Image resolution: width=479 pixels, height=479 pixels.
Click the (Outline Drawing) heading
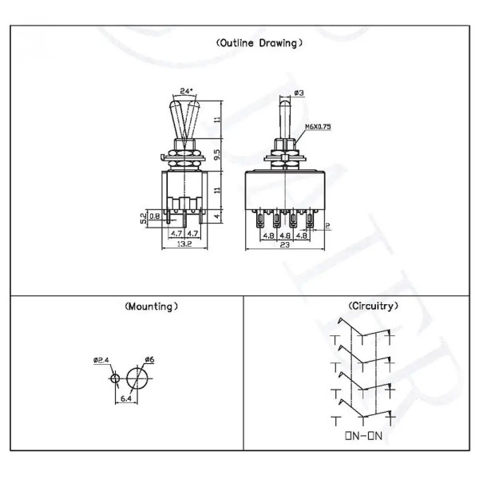pyautogui.click(x=259, y=43)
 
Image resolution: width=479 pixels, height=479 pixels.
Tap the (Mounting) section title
pyautogui.click(x=151, y=307)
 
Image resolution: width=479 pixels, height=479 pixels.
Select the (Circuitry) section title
pyautogui.click(x=374, y=306)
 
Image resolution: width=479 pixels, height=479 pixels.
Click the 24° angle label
pyautogui.click(x=186, y=91)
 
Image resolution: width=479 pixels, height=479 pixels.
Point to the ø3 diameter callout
pyautogui.click(x=299, y=93)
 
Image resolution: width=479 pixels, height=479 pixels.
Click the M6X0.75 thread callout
pyautogui.click(x=319, y=126)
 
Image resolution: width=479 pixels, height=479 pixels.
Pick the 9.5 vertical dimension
pyautogui.click(x=217, y=155)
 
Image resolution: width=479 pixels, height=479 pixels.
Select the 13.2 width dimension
pyautogui.click(x=184, y=243)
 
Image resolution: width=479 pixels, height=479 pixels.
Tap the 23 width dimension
pyautogui.click(x=284, y=245)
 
